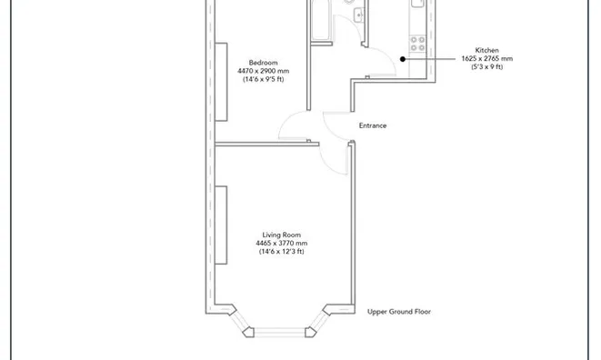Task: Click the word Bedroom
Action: click(x=263, y=63)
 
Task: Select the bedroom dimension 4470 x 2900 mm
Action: click(x=263, y=71)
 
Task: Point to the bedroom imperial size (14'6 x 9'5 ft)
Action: click(x=263, y=79)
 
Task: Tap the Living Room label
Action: click(x=281, y=235)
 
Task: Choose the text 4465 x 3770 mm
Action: click(x=281, y=243)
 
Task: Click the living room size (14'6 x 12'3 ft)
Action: click(x=281, y=251)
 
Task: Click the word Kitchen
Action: click(x=486, y=50)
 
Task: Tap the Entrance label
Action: click(x=372, y=125)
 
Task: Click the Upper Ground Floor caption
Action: click(x=398, y=312)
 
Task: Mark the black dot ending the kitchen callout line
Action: click(x=403, y=59)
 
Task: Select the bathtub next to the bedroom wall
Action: click(x=321, y=20)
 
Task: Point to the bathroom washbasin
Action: click(x=359, y=14)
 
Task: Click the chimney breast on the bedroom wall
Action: click(x=221, y=82)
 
